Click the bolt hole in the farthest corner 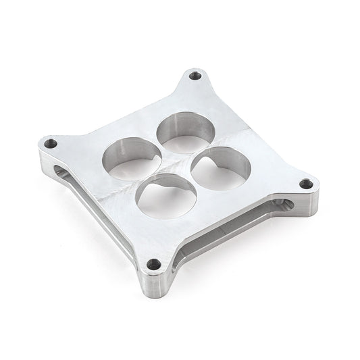click(x=196, y=76)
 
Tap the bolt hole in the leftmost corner click(x=51, y=143)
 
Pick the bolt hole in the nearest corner click(x=156, y=265)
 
